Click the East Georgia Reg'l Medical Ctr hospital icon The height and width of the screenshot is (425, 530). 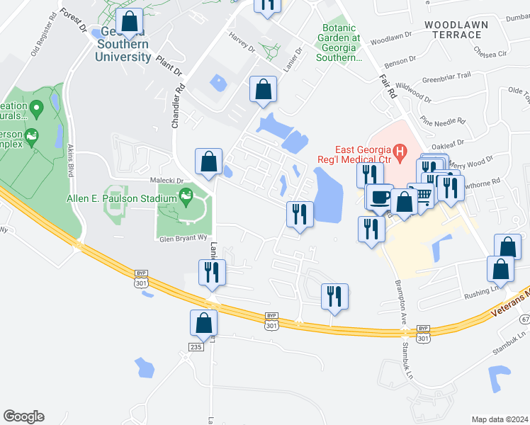tap(400, 151)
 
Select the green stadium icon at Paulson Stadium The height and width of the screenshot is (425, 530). tap(186, 195)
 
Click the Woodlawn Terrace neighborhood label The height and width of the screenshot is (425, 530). tap(456, 29)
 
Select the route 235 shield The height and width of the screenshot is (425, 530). tap(196, 346)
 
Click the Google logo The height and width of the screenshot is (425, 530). tap(23, 416)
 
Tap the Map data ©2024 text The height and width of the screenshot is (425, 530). tap(499, 419)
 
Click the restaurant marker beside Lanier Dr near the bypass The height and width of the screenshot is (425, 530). tap(212, 272)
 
